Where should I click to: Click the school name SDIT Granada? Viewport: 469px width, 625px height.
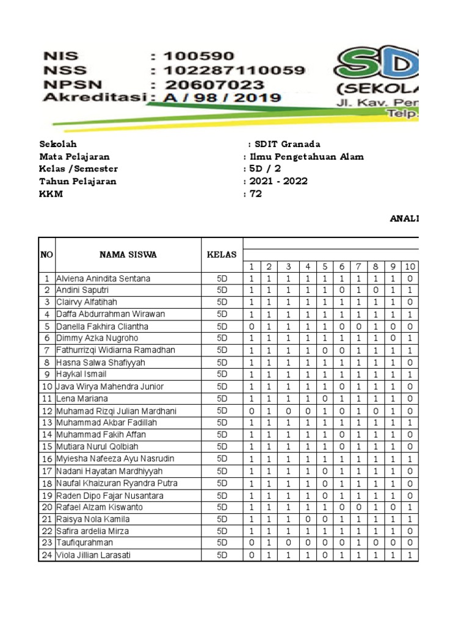[286, 144]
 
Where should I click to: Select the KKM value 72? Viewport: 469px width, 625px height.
[255, 194]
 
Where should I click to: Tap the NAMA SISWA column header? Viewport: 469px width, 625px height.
[128, 255]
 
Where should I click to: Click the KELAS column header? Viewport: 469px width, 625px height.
[222, 255]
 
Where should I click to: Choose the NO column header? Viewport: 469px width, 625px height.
[46, 255]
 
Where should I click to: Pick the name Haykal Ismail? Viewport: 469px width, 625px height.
[81, 374]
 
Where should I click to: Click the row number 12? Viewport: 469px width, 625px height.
[46, 410]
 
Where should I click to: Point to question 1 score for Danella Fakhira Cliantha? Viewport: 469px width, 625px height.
[251, 327]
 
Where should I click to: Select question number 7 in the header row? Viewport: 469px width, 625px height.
[359, 267]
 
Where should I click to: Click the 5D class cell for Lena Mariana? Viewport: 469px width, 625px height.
[222, 399]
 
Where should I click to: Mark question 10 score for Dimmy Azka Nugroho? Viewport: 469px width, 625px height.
[410, 338]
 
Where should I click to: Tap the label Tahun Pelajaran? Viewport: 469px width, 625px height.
[78, 181]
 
